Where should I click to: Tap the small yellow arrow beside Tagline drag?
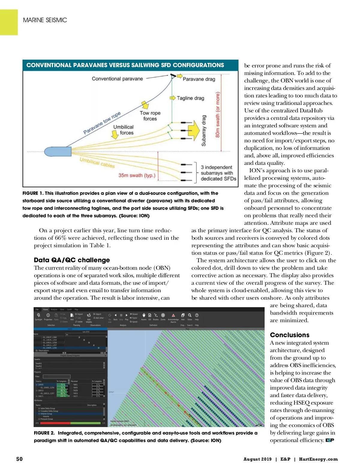[x=172, y=98]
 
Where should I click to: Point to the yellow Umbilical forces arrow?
[x=115, y=135]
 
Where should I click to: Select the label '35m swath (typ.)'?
[x=137, y=175]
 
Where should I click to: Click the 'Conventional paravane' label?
[x=117, y=79]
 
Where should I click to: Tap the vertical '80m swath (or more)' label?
[x=218, y=115]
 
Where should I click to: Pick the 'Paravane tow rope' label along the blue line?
[x=102, y=123]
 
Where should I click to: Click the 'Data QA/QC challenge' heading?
[x=72, y=260]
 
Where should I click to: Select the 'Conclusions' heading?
[x=289, y=335]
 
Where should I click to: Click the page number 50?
[x=19, y=459]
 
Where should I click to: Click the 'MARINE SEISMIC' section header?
[x=45, y=20]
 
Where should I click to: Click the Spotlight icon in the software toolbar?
[x=38, y=315]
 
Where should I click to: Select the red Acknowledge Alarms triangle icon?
[x=173, y=315]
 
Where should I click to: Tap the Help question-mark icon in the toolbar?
[x=197, y=315]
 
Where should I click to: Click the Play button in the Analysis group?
[x=127, y=315]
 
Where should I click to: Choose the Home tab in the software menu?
[x=45, y=309]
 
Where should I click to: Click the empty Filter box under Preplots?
[x=56, y=376]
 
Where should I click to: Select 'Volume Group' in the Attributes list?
[x=46, y=414]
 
